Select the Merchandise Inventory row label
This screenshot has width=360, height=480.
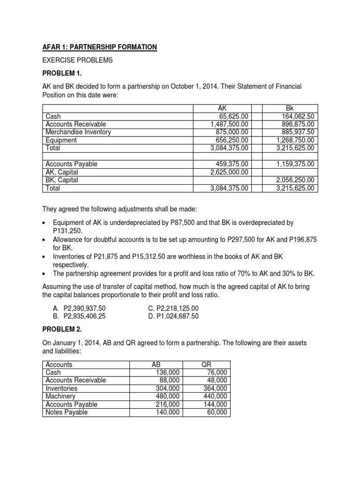(x=78, y=132)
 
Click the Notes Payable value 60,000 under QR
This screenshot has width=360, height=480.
(x=218, y=412)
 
